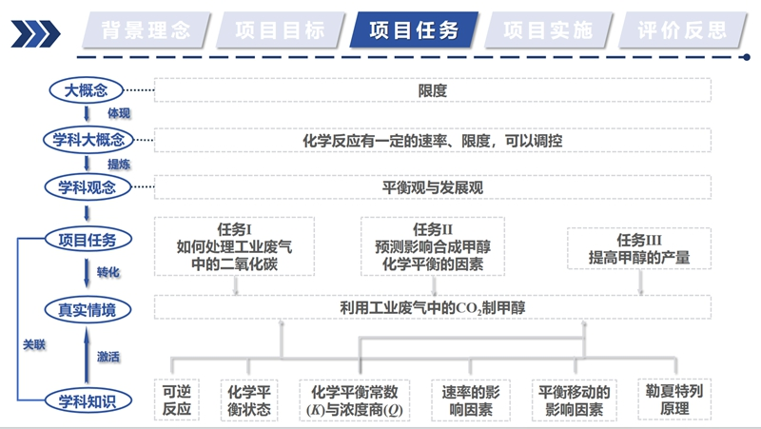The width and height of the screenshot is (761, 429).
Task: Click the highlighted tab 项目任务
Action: click(414, 30)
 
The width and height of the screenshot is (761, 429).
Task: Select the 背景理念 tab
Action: click(146, 30)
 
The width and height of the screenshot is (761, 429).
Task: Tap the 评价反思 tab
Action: click(682, 30)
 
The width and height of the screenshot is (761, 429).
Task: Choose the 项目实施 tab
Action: click(549, 30)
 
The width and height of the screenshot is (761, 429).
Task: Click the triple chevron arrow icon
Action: click(35, 33)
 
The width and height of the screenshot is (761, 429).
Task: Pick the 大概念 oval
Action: click(87, 90)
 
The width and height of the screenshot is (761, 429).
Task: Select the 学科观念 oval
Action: click(88, 187)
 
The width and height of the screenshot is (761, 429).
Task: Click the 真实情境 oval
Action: click(88, 309)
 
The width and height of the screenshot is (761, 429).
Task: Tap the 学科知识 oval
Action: click(88, 401)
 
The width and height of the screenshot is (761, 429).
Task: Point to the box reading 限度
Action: click(433, 90)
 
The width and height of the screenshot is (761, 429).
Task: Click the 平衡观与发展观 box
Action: click(433, 187)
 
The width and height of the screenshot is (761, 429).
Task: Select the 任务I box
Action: click(234, 246)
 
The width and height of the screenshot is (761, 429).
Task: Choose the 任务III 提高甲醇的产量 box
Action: click(639, 248)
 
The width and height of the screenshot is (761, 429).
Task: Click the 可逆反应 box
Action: click(177, 400)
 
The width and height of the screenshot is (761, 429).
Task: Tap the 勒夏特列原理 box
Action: click(674, 400)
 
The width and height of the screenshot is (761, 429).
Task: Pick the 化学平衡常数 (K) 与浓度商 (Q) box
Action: click(354, 400)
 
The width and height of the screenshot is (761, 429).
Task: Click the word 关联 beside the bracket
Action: click(34, 344)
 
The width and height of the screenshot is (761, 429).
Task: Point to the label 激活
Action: click(107, 357)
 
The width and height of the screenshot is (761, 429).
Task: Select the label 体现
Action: click(119, 113)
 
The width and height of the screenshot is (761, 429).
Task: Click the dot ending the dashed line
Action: click(747, 57)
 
